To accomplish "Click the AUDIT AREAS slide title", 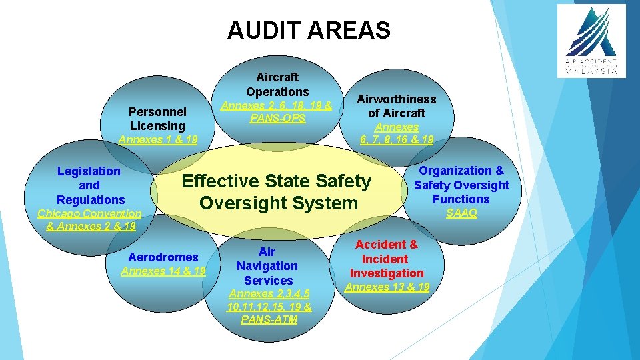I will (x=309, y=30).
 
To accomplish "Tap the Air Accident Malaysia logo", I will (x=591, y=41).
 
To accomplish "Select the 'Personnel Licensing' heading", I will (x=157, y=118).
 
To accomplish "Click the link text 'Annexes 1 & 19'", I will (x=158, y=139).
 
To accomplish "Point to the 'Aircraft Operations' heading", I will (x=277, y=84).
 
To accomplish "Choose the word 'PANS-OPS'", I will (x=277, y=118).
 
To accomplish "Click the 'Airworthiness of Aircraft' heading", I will (x=396, y=106).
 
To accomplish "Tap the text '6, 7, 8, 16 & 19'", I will (x=396, y=139).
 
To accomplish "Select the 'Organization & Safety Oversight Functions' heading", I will (x=461, y=185).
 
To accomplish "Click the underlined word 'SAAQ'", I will (x=461, y=213).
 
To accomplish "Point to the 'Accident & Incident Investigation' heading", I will (x=386, y=259).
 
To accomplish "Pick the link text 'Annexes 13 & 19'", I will (x=387, y=287).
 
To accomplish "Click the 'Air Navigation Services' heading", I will (x=267, y=266).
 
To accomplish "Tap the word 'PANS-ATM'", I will (x=269, y=319).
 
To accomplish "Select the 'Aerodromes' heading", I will (x=163, y=257).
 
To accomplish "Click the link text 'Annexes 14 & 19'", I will (x=163, y=271).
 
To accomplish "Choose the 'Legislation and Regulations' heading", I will (x=90, y=185).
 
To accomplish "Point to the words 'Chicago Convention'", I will (x=90, y=213).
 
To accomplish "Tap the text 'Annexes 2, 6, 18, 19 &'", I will (x=277, y=105).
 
